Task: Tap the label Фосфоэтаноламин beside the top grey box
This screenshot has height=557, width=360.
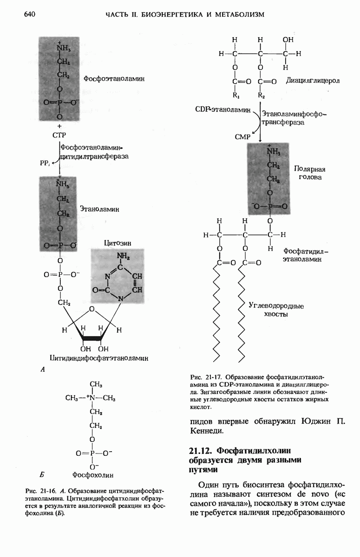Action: click(x=114, y=79)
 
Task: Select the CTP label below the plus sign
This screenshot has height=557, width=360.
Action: click(x=59, y=135)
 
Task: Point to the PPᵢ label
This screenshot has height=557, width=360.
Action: click(x=43, y=163)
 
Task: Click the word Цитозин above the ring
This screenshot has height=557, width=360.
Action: click(x=117, y=242)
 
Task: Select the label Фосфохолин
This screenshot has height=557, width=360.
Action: click(x=93, y=475)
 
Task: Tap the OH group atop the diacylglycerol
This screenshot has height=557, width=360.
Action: click(x=288, y=39)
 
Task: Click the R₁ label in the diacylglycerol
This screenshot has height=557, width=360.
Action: click(x=237, y=96)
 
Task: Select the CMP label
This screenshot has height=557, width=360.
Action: click(x=242, y=137)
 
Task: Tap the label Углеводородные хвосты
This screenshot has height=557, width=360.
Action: click(x=276, y=310)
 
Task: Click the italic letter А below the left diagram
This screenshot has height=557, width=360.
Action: click(x=43, y=370)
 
